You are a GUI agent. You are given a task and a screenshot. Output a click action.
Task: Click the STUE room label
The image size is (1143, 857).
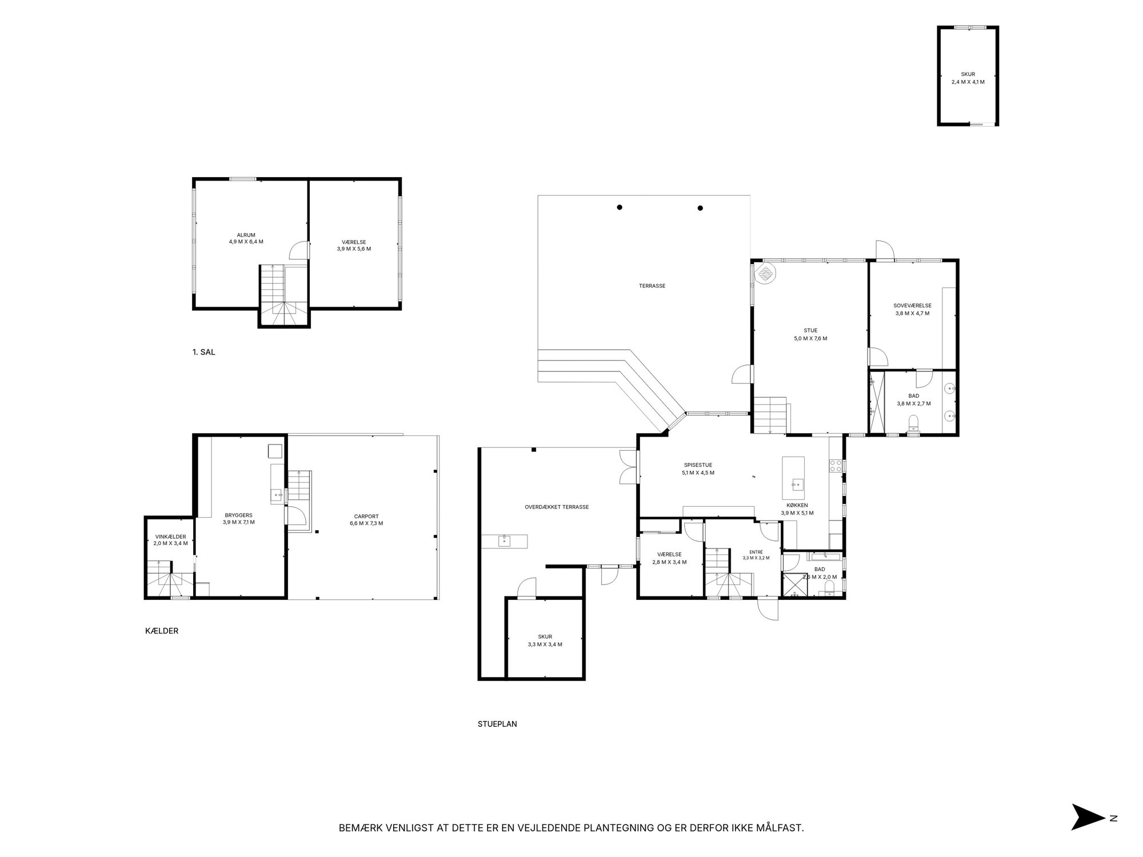click(x=810, y=330)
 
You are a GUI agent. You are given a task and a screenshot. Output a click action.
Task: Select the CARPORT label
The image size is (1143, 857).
click(x=366, y=516)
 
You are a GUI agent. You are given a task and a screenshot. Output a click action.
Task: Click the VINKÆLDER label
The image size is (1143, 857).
click(x=170, y=536)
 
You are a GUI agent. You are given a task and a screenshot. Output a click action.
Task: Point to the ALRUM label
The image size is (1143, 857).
click(x=246, y=235)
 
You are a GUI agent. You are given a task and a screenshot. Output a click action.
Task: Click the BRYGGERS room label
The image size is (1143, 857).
click(x=239, y=515)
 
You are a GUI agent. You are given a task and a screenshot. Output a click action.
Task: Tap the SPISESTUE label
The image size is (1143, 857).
click(x=698, y=465)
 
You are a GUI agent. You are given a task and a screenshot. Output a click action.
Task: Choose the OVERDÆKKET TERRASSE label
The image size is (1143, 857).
click(x=557, y=507)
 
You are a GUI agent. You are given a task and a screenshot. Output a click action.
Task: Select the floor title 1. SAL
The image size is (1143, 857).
click(x=204, y=353)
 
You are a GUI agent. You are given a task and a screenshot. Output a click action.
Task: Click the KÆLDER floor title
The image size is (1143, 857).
click(x=162, y=631)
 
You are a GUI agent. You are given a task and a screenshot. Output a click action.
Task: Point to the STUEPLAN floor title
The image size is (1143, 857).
click(x=497, y=724)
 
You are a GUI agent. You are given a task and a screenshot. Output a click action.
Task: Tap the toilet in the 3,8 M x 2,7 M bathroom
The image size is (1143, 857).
click(x=913, y=423)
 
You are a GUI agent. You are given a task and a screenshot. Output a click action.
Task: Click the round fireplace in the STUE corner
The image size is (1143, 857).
click(x=765, y=273)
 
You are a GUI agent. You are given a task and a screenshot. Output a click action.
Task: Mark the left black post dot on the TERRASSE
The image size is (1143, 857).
click(x=620, y=207)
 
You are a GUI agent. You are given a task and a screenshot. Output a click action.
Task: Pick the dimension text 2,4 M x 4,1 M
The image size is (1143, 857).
click(x=968, y=82)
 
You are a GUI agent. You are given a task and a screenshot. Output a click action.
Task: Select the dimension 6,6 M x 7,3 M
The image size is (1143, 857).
click(x=366, y=523)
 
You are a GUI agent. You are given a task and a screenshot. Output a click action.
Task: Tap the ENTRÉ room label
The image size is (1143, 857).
click(x=756, y=551)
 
